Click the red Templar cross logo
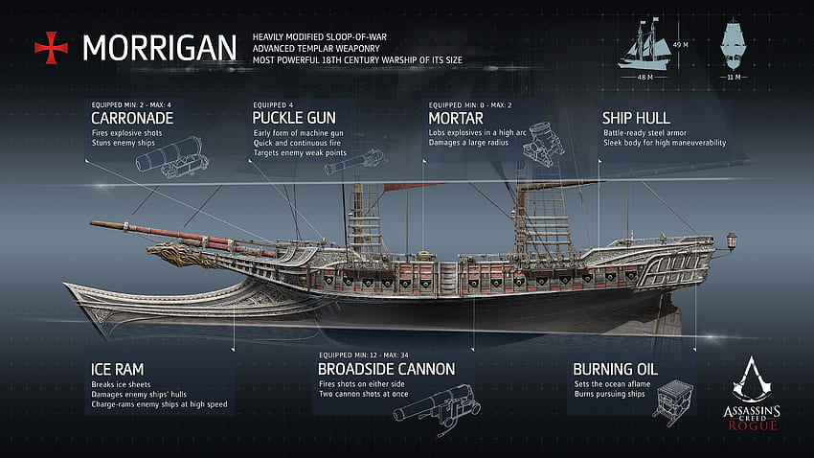click(x=51, y=48)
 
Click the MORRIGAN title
click(x=159, y=48)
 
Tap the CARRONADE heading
click(x=132, y=119)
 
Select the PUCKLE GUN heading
click(x=294, y=119)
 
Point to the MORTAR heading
click(x=456, y=119)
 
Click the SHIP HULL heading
click(x=636, y=119)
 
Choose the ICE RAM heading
click(x=118, y=369)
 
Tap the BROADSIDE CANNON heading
click(x=386, y=369)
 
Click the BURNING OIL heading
click(x=615, y=369)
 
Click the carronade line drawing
click(x=172, y=157)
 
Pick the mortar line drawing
click(x=544, y=144)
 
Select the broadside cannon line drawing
click(x=437, y=409)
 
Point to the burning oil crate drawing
click(x=673, y=401)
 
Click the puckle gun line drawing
click(x=355, y=162)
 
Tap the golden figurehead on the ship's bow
click(x=176, y=254)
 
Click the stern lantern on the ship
click(x=732, y=241)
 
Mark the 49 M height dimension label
click(x=681, y=45)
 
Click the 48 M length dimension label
click(x=644, y=78)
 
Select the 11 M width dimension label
click(x=734, y=78)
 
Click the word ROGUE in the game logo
click(x=752, y=425)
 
